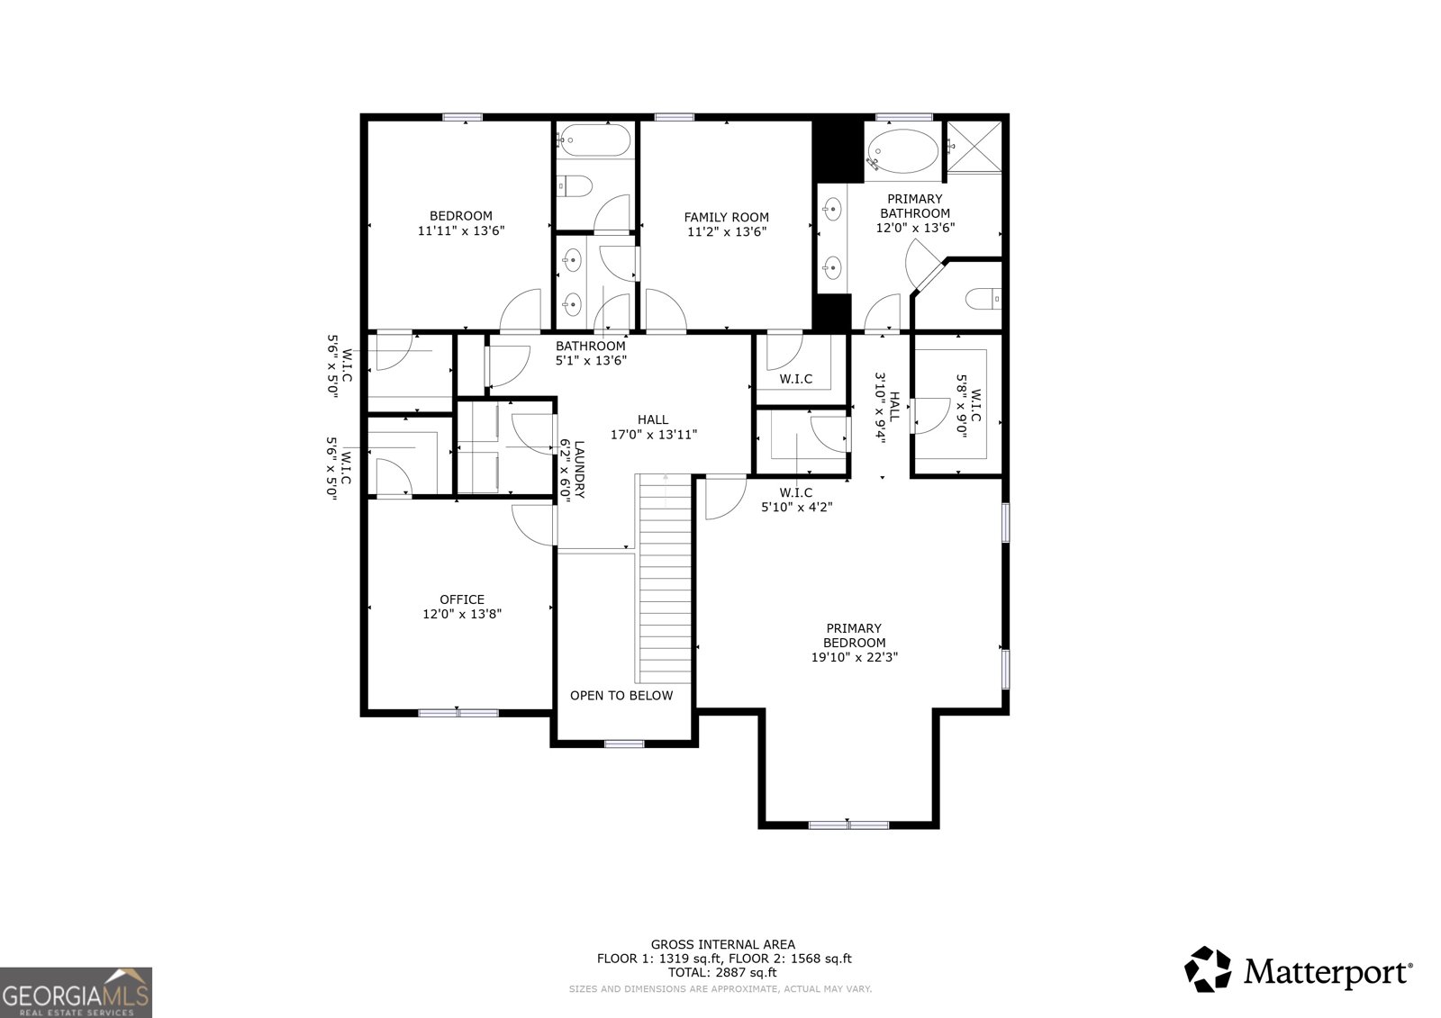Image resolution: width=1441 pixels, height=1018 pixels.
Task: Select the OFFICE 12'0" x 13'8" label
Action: pyautogui.click(x=461, y=607)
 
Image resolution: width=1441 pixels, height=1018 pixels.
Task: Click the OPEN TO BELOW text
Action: pyautogui.click(x=621, y=696)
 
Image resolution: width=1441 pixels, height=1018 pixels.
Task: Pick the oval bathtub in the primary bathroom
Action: pyautogui.click(x=902, y=150)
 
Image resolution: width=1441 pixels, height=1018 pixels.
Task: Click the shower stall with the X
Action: pyautogui.click(x=976, y=146)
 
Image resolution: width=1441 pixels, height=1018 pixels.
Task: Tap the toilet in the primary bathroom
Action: pyautogui.click(x=982, y=297)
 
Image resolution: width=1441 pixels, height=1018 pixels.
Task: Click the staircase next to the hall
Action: pyautogui.click(x=666, y=581)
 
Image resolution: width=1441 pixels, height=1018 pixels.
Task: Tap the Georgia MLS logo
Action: pyautogui.click(x=76, y=992)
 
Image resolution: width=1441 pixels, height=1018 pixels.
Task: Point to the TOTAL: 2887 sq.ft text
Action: pyautogui.click(x=722, y=973)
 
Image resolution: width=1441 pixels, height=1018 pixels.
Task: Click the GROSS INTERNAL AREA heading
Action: pyautogui.click(x=723, y=944)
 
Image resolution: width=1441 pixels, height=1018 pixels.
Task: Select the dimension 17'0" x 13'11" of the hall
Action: pyautogui.click(x=654, y=434)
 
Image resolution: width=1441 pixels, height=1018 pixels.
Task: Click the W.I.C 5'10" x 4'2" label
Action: pyautogui.click(x=796, y=500)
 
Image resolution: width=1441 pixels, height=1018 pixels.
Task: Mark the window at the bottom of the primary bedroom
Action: pyautogui.click(x=848, y=824)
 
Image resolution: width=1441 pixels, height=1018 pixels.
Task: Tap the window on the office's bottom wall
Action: pyautogui.click(x=458, y=713)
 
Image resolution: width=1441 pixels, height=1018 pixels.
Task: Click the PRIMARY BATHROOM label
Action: pyautogui.click(x=915, y=213)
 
